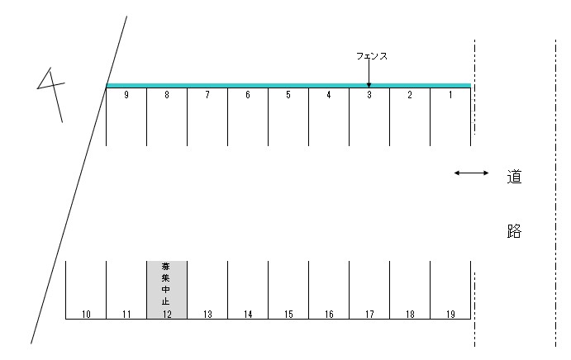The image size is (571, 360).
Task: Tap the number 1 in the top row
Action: click(450, 95)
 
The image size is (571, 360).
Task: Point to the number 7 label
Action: click(207, 95)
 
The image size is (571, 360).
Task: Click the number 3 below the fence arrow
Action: click(369, 95)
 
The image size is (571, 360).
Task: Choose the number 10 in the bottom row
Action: click(86, 314)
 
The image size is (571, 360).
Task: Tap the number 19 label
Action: click(450, 314)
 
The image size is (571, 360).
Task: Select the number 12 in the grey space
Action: click(167, 314)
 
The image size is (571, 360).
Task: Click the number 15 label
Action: click(288, 314)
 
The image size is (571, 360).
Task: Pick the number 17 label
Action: click(369, 314)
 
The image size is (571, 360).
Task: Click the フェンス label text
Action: click(372, 56)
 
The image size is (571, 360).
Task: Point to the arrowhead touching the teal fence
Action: click(369, 85)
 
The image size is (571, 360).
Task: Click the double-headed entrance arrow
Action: click(471, 173)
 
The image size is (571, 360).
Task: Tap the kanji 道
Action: click(514, 177)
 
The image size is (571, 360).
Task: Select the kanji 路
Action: click(514, 231)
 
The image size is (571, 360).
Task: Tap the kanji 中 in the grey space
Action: click(166, 290)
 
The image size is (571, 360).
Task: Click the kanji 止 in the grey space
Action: click(166, 301)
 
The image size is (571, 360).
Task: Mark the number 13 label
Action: click(207, 314)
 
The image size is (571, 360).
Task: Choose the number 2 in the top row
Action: click(410, 95)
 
